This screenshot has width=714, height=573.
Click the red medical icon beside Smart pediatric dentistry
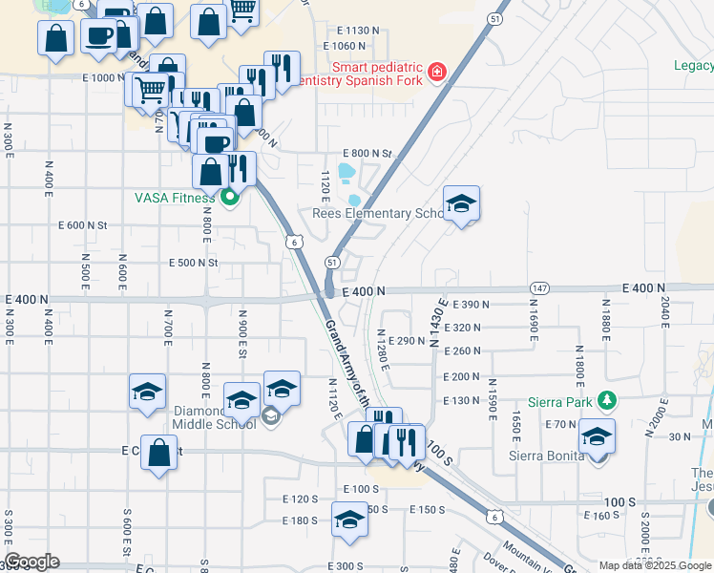[437, 72]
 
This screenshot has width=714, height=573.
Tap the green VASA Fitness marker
[229, 199]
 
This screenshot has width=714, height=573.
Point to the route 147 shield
[540, 287]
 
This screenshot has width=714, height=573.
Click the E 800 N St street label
[367, 154]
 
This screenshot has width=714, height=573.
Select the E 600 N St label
[83, 225]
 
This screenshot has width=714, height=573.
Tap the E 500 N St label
[194, 263]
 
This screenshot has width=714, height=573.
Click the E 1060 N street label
[345, 46]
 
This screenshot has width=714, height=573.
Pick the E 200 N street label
[461, 377]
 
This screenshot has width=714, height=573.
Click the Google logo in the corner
[31, 562]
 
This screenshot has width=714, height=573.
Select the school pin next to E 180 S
[349, 521]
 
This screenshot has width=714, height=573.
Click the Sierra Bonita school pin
[598, 436]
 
